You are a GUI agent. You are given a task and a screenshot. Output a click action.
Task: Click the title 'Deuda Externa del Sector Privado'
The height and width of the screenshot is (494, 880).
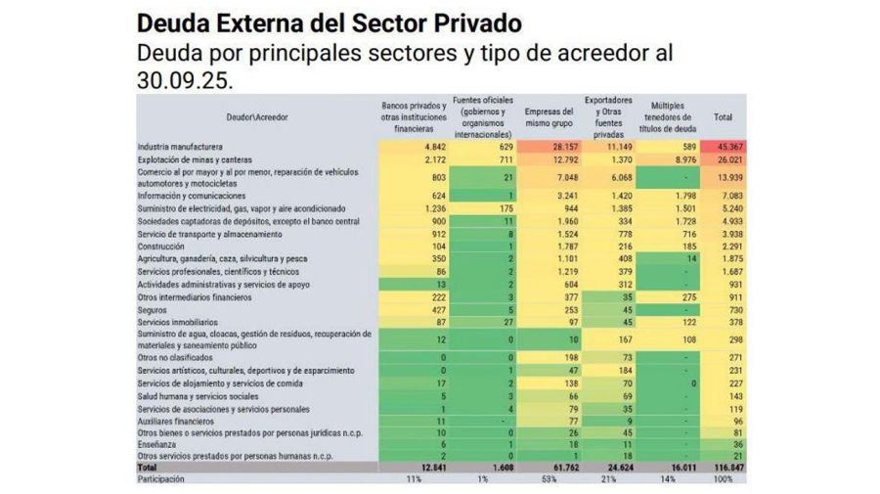(x=329, y=22)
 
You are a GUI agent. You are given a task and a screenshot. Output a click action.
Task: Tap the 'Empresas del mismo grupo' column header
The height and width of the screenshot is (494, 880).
(x=549, y=117)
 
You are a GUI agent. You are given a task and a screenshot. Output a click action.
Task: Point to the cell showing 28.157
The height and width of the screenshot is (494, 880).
(x=549, y=147)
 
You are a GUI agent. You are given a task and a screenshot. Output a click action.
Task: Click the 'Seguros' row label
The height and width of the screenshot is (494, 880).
(x=153, y=309)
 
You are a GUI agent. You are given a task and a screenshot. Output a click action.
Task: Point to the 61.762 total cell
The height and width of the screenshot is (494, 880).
(x=549, y=468)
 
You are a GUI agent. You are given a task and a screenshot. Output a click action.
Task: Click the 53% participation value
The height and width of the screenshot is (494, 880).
(x=549, y=479)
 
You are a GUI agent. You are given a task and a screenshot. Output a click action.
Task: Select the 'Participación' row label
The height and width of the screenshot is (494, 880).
(x=162, y=479)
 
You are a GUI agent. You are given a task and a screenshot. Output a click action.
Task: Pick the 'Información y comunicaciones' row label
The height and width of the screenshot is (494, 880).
(x=190, y=195)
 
